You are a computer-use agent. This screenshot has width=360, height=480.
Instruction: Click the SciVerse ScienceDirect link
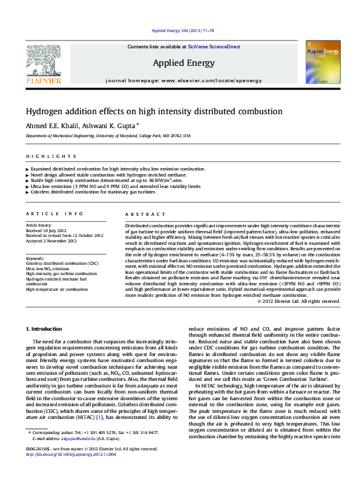(214, 47)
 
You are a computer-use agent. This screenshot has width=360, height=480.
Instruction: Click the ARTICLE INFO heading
(54, 214)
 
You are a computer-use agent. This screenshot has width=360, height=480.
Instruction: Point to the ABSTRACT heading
(145, 214)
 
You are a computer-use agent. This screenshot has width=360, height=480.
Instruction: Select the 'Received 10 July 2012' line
(46, 230)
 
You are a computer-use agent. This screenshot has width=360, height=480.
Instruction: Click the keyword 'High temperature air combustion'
(56, 289)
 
